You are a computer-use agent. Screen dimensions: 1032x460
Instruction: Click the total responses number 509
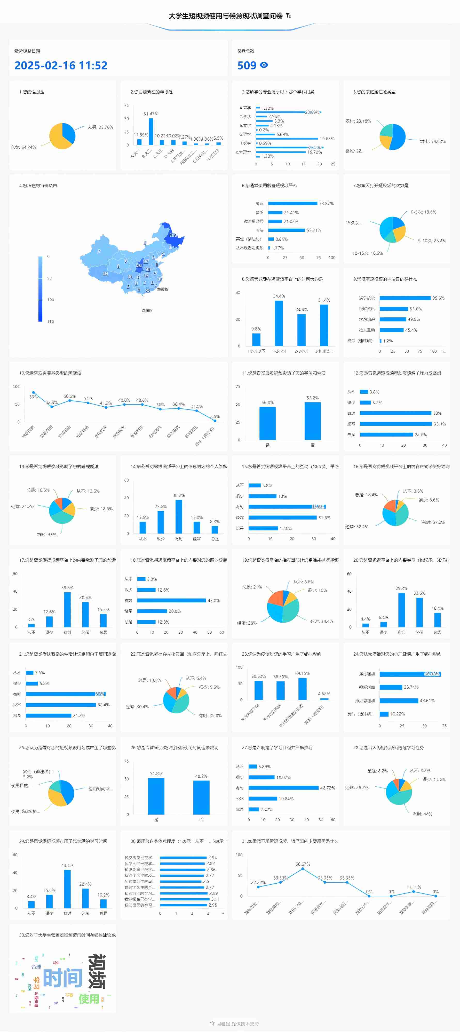click(247, 65)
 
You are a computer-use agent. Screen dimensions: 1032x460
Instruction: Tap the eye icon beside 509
click(264, 65)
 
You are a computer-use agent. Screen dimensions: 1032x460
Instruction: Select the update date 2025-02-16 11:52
click(61, 65)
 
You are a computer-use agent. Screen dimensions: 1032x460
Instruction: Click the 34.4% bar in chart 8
click(279, 323)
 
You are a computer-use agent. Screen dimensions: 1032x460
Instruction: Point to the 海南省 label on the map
click(147, 310)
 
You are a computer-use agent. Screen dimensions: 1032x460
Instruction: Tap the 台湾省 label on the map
click(162, 289)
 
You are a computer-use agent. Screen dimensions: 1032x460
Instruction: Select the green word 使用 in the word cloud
click(89, 998)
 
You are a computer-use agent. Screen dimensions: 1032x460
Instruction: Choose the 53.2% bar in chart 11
click(313, 421)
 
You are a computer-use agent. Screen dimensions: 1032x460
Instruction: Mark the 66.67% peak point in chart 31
click(303, 868)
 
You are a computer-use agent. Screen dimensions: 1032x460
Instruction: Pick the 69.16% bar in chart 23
click(303, 689)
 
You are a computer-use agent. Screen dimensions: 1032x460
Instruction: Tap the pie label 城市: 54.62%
click(433, 141)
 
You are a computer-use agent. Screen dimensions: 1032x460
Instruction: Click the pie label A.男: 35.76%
click(101, 127)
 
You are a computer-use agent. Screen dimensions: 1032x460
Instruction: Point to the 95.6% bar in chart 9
click(405, 298)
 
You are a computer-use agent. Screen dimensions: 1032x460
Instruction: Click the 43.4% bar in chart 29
click(67, 889)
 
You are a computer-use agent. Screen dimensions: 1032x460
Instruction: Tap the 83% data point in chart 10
click(33, 393)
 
